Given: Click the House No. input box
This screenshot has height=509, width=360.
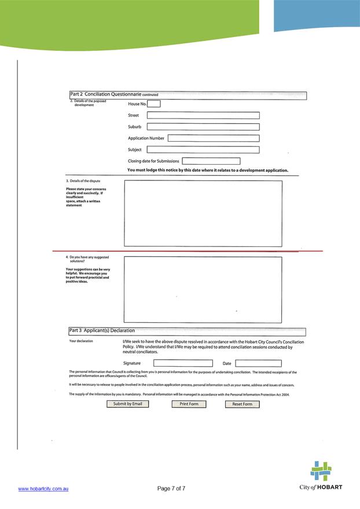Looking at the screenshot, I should (153, 104).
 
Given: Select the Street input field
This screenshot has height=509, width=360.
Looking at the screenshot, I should (203, 115).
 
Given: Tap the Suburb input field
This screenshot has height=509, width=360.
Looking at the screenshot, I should (203, 127).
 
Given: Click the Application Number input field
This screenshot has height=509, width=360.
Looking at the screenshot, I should (213, 138).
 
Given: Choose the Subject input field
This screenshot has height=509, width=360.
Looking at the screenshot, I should (203, 150).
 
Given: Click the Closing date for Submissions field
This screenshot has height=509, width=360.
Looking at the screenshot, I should (211, 161).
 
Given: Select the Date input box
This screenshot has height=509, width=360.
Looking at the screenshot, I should (258, 363).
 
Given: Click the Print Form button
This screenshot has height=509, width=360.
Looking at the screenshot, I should (189, 404).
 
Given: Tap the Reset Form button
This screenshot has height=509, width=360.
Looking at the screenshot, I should (242, 404).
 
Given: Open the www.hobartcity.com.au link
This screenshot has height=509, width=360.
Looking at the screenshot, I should (44, 489).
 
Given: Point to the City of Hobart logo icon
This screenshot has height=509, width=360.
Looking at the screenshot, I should (321, 471).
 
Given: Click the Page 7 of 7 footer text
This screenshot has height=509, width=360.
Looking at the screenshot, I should (171, 489).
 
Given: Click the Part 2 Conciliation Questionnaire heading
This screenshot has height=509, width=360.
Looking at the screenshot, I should (114, 94).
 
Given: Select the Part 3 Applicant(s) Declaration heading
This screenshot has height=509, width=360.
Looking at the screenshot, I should (102, 331).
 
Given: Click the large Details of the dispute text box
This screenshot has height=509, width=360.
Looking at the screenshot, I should (203, 213).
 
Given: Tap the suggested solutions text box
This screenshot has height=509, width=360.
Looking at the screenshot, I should (203, 289).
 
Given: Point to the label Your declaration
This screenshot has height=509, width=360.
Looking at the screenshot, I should (81, 341).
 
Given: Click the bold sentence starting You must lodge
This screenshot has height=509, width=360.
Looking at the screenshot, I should (208, 170).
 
